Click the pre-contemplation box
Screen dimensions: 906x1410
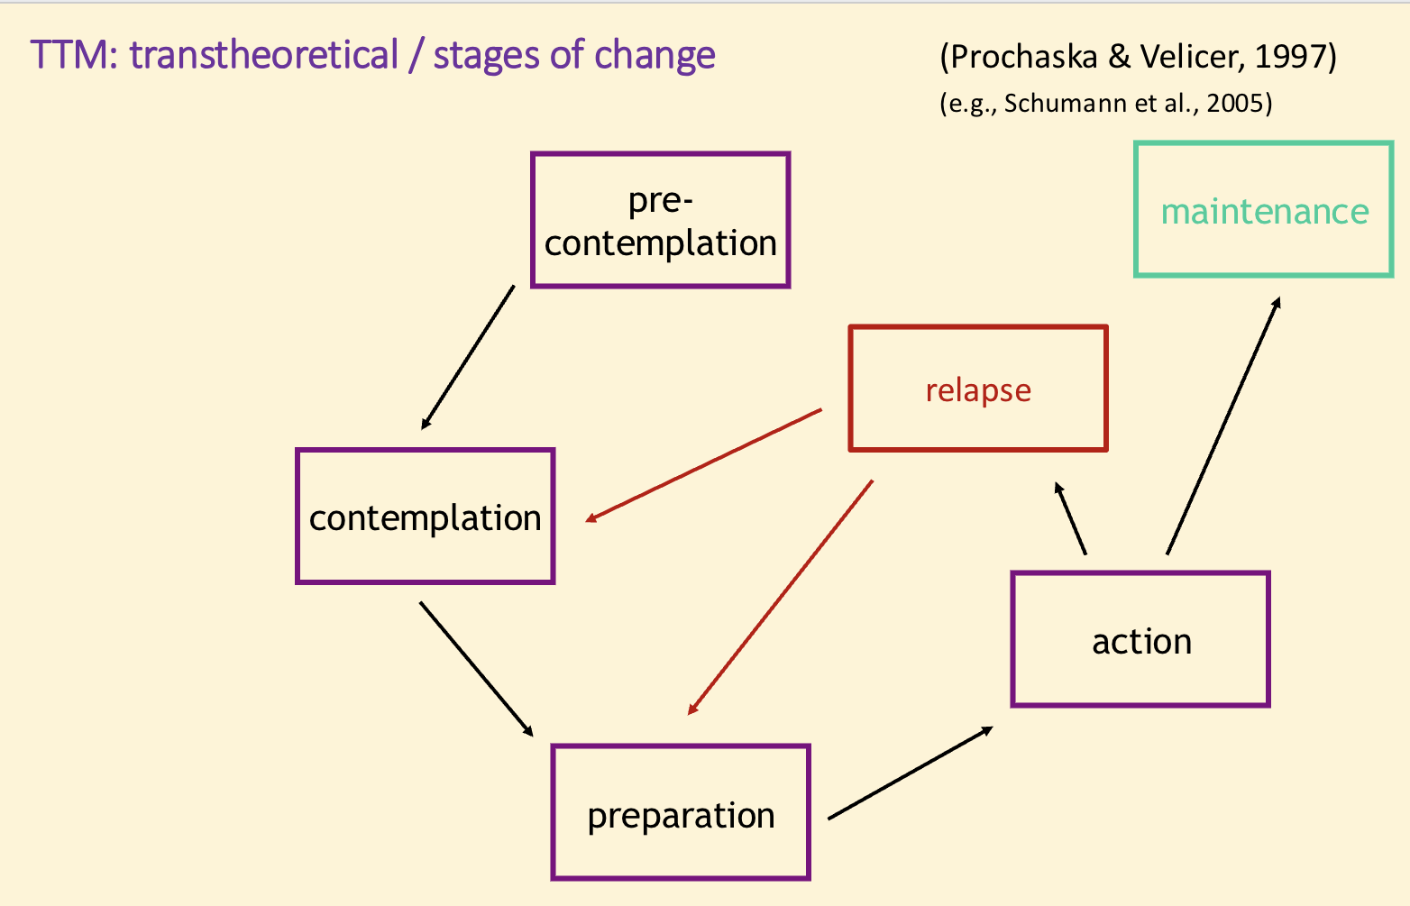click(660, 220)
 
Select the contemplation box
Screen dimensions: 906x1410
click(425, 517)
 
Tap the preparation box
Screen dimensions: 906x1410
click(681, 812)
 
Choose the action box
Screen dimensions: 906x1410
click(1140, 639)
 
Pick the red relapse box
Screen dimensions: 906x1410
click(978, 389)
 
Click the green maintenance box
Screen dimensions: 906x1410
click(1263, 209)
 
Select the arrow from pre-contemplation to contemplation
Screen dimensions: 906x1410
click(468, 357)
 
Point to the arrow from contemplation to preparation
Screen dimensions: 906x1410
click(476, 668)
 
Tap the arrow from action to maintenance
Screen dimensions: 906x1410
click(1223, 426)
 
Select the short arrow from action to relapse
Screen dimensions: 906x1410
click(1071, 518)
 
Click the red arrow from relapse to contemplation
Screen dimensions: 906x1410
click(704, 465)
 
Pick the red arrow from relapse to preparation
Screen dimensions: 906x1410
click(781, 597)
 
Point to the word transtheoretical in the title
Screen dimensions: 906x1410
click(263, 56)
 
